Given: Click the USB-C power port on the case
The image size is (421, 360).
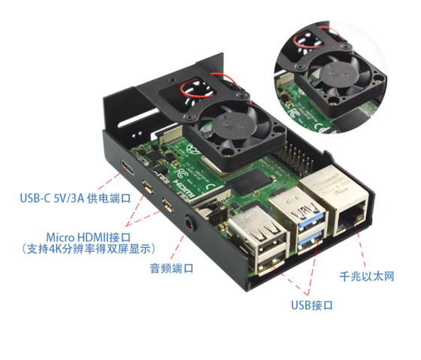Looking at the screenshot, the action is pyautogui.click(x=127, y=167).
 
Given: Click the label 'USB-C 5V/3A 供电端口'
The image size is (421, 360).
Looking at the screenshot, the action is pyautogui.click(x=75, y=198).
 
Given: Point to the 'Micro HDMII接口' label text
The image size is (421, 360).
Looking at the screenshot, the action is pyautogui.click(x=89, y=237).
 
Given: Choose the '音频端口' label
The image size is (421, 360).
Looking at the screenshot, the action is pyautogui.click(x=171, y=268).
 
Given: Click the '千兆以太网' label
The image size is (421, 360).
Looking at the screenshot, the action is pyautogui.click(x=367, y=277).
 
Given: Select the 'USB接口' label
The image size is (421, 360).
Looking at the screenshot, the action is pyautogui.click(x=312, y=305).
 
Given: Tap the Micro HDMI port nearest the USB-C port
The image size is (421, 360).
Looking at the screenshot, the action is pyautogui.click(x=148, y=186).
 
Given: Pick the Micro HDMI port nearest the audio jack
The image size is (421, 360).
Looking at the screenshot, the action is pyautogui.click(x=168, y=205).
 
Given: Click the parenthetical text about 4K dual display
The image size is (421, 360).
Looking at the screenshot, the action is pyautogui.click(x=89, y=249).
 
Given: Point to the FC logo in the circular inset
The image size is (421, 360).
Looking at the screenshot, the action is pyautogui.click(x=294, y=113).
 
